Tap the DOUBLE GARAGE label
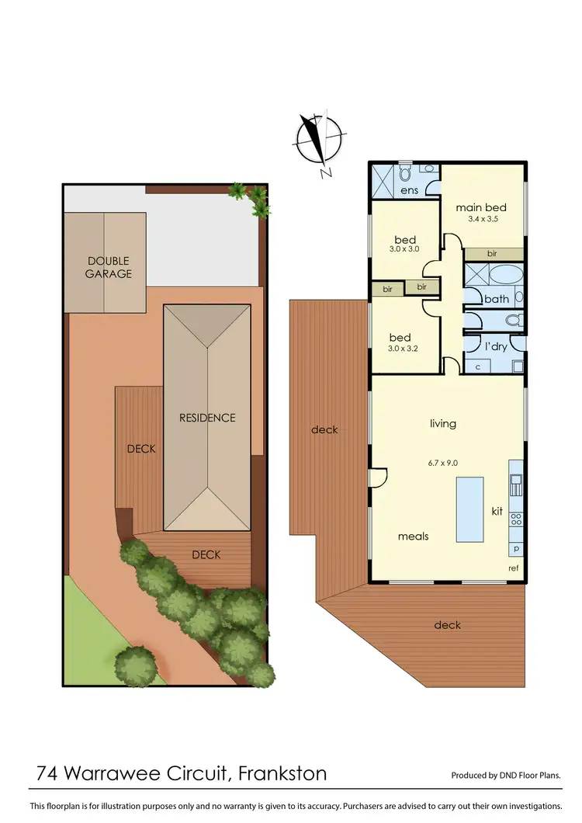pyautogui.click(x=109, y=267)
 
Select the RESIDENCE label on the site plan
pyautogui.click(x=207, y=418)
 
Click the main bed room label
pyautogui.click(x=481, y=207)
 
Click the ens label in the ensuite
pyautogui.click(x=410, y=190)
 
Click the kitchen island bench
pyautogui.click(x=469, y=509)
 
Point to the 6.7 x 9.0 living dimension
pyautogui.click(x=443, y=463)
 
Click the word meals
pyautogui.click(x=413, y=537)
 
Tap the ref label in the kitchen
pyautogui.click(x=513, y=568)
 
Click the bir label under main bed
pyautogui.click(x=492, y=254)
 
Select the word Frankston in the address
pyautogui.click(x=282, y=773)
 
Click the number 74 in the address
pyautogui.click(x=50, y=773)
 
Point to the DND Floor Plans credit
pyautogui.click(x=506, y=776)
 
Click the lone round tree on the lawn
pyautogui.click(x=133, y=662)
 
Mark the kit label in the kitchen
pyautogui.click(x=497, y=512)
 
